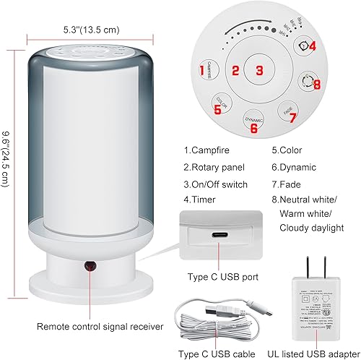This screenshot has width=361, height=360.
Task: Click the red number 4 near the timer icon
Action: click(312, 46)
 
